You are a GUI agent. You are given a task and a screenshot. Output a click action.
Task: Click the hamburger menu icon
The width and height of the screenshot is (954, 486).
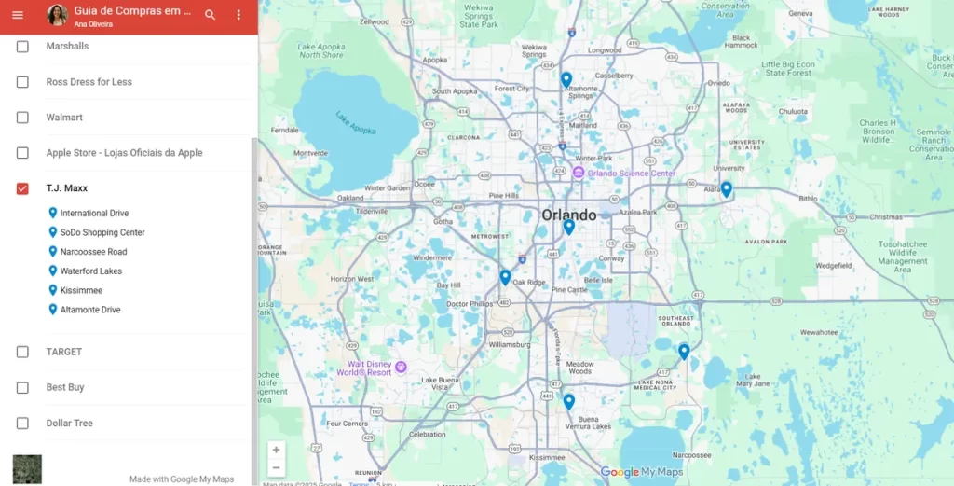coord(18,15)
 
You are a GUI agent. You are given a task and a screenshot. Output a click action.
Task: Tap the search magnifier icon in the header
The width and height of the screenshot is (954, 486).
coord(211,15)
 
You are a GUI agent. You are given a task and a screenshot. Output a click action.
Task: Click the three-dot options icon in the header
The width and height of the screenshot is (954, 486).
coord(238,15)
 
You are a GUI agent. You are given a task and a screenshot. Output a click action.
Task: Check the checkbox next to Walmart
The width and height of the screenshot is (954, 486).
coord(22,118)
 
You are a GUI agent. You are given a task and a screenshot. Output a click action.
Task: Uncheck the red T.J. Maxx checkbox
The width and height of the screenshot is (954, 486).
coord(22,188)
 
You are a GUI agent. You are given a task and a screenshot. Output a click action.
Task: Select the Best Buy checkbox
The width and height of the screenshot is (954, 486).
coord(22,387)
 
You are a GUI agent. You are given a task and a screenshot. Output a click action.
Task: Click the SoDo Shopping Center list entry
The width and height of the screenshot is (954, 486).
coord(102,233)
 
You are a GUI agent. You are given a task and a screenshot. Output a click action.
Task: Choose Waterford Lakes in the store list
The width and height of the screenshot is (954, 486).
coord(91,271)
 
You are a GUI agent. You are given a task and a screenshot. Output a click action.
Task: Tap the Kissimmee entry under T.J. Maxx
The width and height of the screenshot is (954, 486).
coord(81,291)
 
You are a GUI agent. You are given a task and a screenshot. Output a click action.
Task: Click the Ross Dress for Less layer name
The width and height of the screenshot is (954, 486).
coord(89,82)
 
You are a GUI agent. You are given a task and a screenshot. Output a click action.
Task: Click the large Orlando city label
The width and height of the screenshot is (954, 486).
coord(569,215)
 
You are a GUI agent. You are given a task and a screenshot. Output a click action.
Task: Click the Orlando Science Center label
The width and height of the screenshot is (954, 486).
coord(631,174)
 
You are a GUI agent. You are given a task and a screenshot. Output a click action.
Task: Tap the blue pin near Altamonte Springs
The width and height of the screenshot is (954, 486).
coord(566,79)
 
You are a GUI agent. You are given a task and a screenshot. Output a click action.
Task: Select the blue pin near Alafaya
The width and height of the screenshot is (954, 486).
coord(726,188)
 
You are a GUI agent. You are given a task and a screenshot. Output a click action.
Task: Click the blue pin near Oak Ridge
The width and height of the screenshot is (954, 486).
coord(505,276)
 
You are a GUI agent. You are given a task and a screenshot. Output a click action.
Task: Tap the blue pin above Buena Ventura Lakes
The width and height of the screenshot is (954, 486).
coord(568,401)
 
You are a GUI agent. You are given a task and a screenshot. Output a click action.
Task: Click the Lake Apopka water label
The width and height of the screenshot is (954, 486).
coord(355,124)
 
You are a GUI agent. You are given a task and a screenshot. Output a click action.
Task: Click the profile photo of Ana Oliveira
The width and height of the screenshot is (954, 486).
coord(57,15)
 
